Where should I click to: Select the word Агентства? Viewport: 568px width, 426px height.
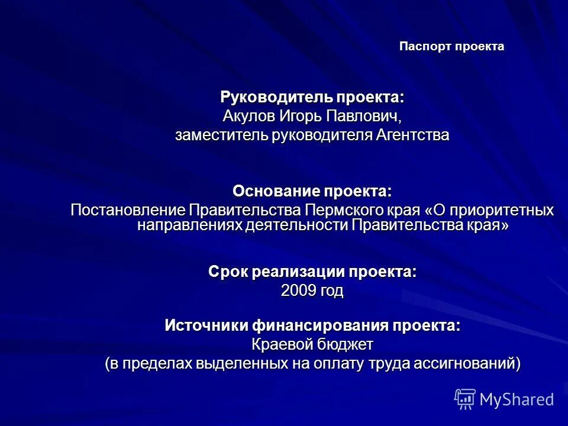pyautogui.click(x=412, y=135)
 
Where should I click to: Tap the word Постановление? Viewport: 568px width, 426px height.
pyautogui.click(x=127, y=210)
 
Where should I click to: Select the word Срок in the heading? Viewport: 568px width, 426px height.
pyautogui.click(x=228, y=272)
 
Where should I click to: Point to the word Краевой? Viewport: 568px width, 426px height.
pyautogui.click(x=279, y=344)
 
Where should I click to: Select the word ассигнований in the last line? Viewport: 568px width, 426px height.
pyautogui.click(x=469, y=363)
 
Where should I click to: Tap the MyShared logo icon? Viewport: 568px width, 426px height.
pyautogui.click(x=464, y=399)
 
